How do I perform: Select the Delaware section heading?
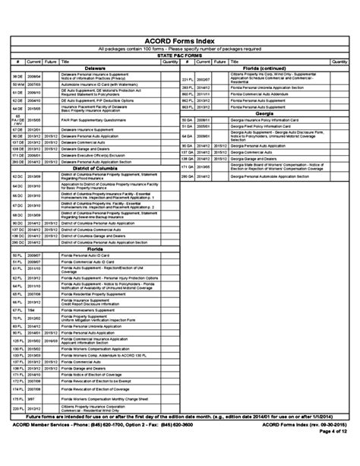tap(95, 68)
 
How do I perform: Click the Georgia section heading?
tap(264, 113)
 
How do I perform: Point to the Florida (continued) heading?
tap(264, 68)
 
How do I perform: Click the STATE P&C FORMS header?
tap(180, 55)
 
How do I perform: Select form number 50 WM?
tap(17, 83)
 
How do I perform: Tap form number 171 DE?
tap(17, 154)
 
